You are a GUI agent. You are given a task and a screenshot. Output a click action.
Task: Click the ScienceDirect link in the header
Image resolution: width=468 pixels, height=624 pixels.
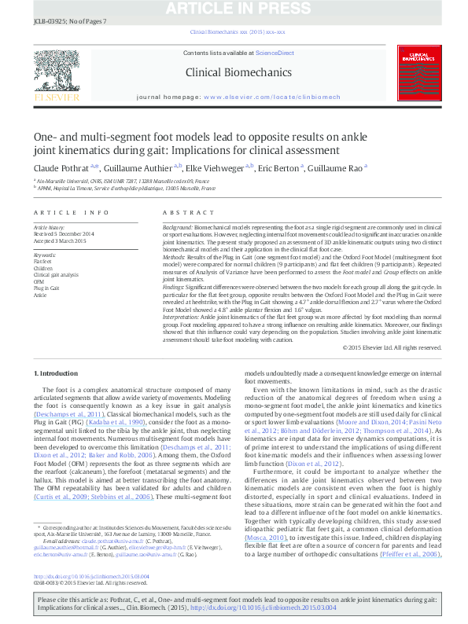pyautogui.click(x=275, y=53)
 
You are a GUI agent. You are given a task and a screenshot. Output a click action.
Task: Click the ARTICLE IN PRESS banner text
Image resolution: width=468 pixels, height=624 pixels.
pyautogui.click(x=234, y=7)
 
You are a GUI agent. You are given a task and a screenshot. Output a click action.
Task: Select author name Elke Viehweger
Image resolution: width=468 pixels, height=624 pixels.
pyautogui.click(x=216, y=167)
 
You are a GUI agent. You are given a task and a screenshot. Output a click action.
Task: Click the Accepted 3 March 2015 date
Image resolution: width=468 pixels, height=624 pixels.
pyautogui.click(x=60, y=239)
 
